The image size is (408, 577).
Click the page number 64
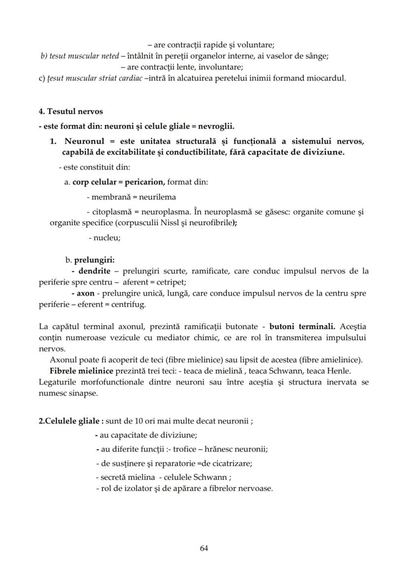(x=204, y=548)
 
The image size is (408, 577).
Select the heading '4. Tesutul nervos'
(x=70, y=111)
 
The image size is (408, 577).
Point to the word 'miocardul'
(x=329, y=78)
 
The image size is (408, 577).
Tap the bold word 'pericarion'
(x=144, y=182)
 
